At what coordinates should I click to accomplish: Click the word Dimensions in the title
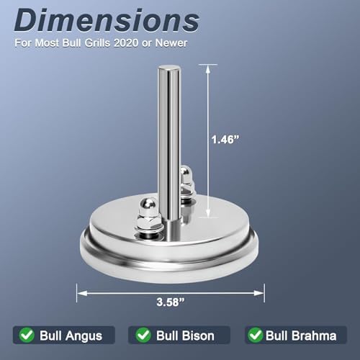(107, 20)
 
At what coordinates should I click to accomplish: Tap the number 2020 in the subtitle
(126, 43)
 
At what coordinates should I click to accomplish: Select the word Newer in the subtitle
(171, 43)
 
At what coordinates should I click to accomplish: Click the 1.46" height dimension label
(225, 139)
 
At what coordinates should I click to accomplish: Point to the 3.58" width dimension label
(171, 302)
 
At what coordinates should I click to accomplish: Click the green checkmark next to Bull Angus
(27, 335)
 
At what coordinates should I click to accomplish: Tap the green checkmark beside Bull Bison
(143, 335)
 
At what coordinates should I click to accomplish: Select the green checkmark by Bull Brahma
(256, 335)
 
